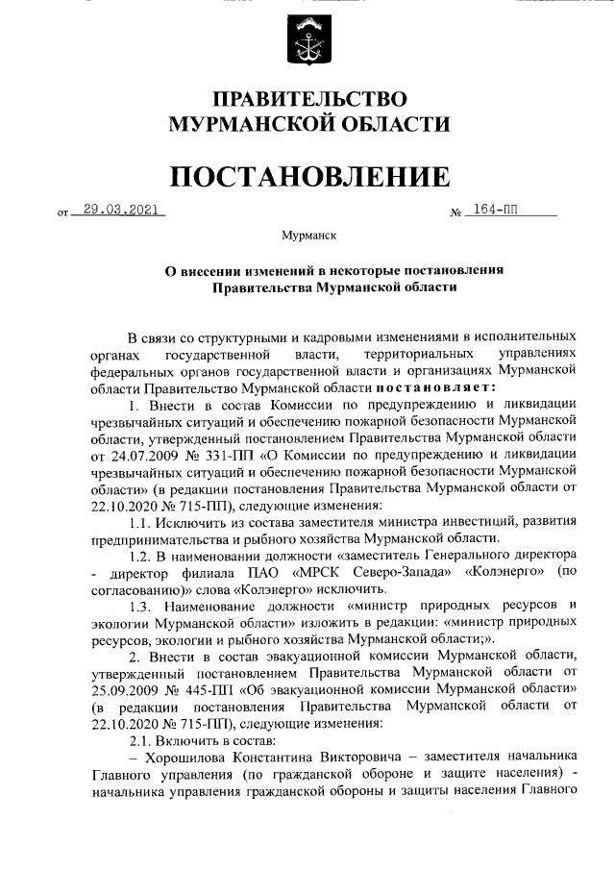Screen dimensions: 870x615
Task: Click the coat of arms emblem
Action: [307, 38]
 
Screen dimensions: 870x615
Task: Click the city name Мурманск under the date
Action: [307, 235]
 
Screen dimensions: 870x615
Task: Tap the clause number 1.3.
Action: [141, 606]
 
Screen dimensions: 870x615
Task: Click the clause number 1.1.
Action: [141, 521]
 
